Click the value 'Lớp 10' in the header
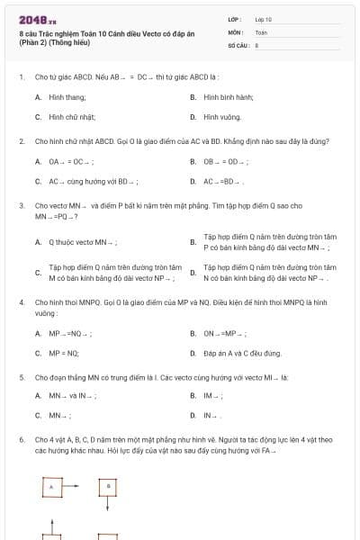(x=263, y=18)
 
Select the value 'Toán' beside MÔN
(x=261, y=31)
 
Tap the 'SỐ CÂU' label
(x=238, y=43)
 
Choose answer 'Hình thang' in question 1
(x=67, y=96)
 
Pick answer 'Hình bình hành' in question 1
(x=228, y=96)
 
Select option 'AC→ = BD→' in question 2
(x=224, y=181)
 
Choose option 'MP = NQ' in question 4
(x=64, y=353)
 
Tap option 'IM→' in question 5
(x=213, y=395)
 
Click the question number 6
(x=21, y=439)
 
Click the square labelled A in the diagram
(x=51, y=487)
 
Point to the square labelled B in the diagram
(x=109, y=486)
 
